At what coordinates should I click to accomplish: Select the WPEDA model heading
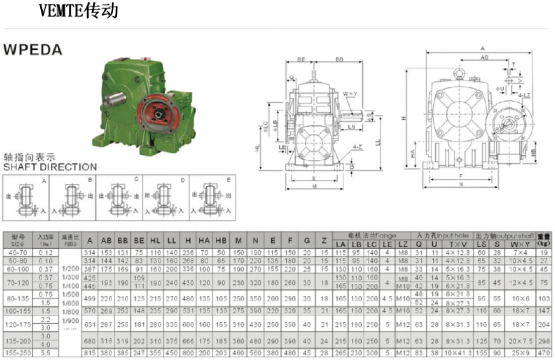[33, 50]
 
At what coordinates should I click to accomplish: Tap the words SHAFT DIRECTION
[50, 167]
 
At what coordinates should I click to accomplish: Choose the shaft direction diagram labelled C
[119, 197]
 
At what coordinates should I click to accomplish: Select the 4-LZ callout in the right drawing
[525, 94]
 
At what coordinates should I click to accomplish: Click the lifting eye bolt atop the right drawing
[459, 75]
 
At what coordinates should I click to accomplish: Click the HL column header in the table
[155, 241]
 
